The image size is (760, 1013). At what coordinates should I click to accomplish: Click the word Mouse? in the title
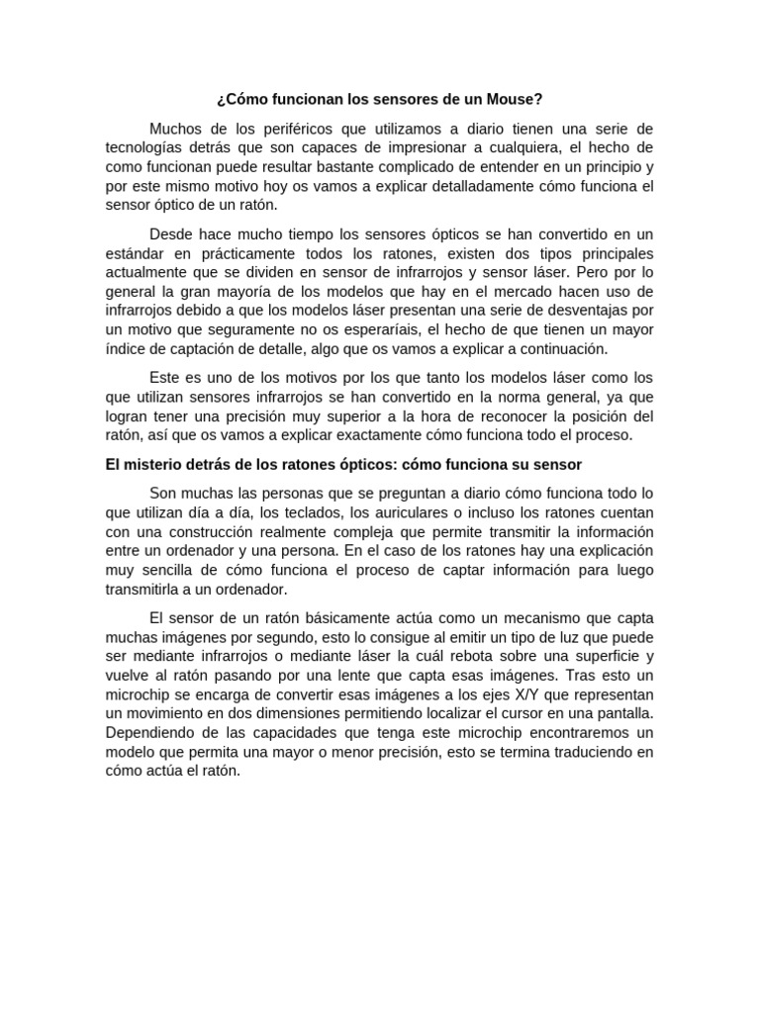point(517,100)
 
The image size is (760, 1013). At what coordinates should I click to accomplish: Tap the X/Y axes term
point(520,694)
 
